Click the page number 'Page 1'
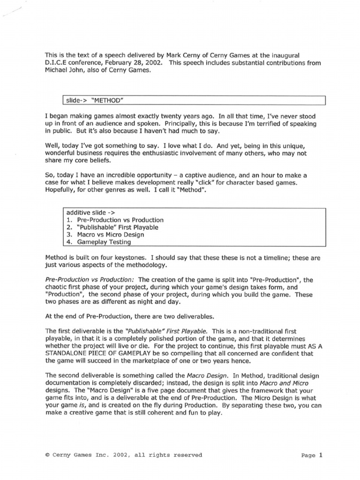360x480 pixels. tap(312, 455)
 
